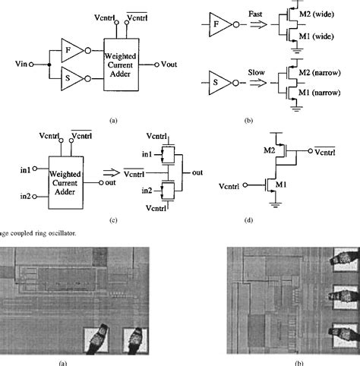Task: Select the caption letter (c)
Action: [x=112, y=219]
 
